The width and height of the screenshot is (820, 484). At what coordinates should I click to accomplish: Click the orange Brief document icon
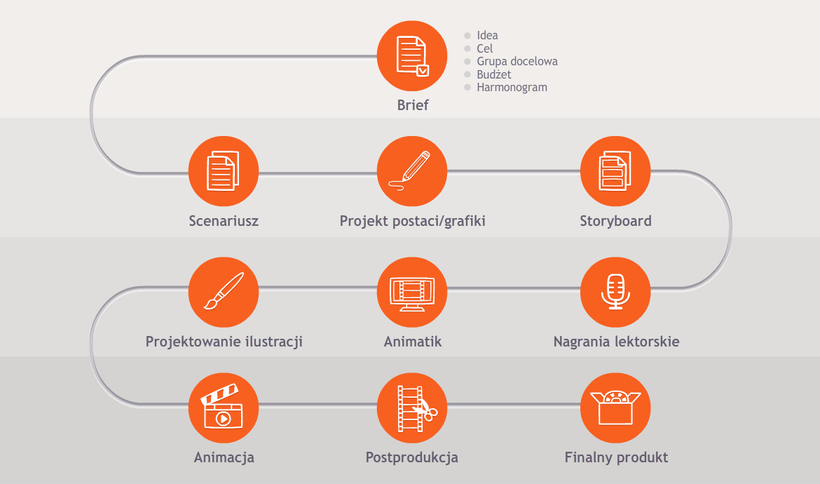[x=412, y=56]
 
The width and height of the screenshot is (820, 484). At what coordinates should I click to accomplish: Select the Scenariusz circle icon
[x=224, y=171]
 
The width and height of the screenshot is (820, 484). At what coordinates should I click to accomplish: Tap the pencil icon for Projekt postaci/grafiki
[x=412, y=171]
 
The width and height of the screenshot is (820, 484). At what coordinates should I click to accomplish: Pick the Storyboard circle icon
[x=615, y=171]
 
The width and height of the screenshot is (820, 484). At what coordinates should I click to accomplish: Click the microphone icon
[x=615, y=292]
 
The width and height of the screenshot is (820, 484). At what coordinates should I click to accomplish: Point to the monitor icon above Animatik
[x=412, y=292]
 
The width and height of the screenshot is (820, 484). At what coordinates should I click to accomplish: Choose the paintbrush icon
[x=224, y=292]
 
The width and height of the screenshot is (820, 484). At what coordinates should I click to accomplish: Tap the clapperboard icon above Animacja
[x=224, y=408]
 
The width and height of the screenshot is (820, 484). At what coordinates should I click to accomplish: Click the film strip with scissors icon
[x=412, y=408]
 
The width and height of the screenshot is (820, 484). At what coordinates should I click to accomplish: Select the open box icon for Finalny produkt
[x=615, y=408]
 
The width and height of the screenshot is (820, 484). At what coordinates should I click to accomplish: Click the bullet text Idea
[x=487, y=36]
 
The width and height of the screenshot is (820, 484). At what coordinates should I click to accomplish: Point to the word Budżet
[x=493, y=74]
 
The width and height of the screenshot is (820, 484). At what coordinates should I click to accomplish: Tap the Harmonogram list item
[x=512, y=88]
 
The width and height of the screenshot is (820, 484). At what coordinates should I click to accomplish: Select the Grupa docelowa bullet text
[x=517, y=62]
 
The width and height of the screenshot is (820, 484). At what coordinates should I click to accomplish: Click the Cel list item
[x=485, y=48]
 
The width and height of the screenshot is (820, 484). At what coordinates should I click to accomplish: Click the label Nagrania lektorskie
[x=617, y=342]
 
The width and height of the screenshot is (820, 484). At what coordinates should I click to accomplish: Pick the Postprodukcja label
[x=412, y=457]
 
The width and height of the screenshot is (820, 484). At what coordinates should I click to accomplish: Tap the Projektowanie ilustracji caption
[x=224, y=342]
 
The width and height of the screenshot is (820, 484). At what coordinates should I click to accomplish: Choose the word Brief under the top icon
[x=413, y=105]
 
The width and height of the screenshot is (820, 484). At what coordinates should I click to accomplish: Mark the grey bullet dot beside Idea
[x=467, y=36]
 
